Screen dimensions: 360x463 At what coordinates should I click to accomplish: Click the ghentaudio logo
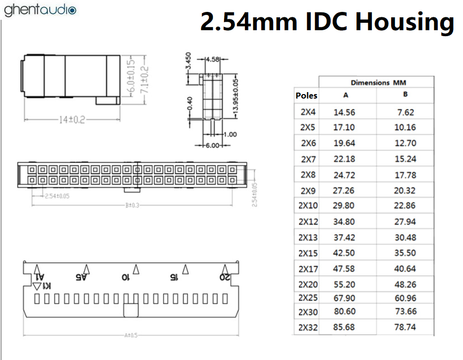tap(40, 10)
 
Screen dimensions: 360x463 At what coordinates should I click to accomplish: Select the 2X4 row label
tap(308, 112)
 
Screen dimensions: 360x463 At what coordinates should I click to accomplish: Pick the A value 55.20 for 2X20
tap(344, 284)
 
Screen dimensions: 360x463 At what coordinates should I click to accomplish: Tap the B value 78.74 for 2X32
tap(405, 327)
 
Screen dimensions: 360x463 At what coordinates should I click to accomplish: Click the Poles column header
tap(306, 96)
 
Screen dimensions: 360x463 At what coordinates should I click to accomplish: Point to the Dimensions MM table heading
tap(378, 83)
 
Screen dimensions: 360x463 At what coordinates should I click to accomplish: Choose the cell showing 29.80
tap(344, 206)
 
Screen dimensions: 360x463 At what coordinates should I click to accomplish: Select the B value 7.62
tap(405, 112)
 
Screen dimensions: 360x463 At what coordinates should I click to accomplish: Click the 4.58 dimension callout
tap(213, 60)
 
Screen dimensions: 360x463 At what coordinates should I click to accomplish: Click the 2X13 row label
tap(308, 237)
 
